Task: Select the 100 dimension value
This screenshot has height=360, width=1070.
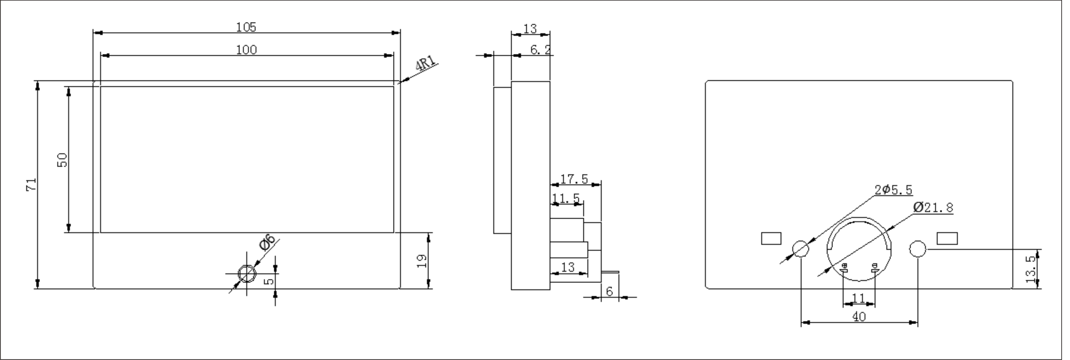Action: pos(246,50)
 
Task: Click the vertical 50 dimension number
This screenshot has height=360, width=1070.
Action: pos(62,160)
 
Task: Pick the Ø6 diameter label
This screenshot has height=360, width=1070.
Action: pos(267,242)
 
